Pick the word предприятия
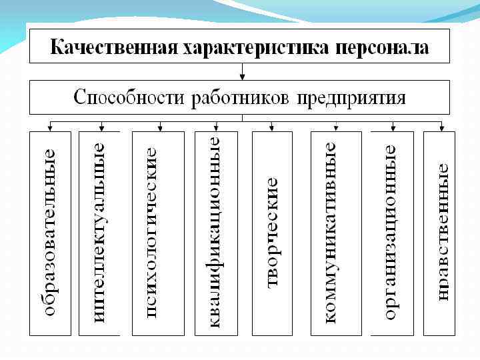point(351,98)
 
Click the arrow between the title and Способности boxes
point(242,71)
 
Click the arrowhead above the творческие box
point(271,127)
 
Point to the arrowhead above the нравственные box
point(441,127)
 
